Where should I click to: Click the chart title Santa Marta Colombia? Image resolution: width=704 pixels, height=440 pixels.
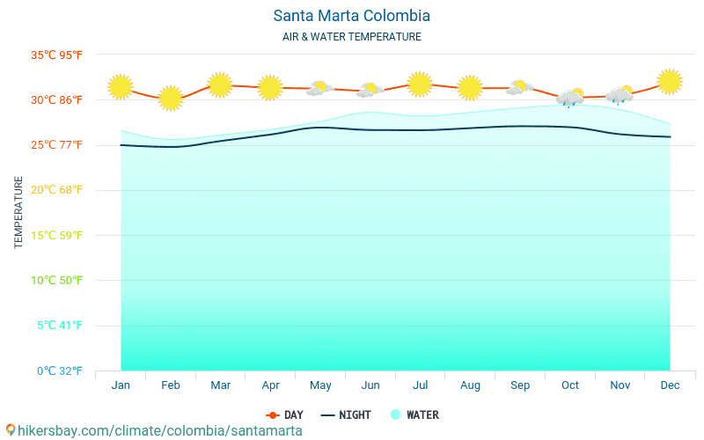point(351,16)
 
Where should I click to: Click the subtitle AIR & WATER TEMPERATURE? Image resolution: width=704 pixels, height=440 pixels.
point(351,37)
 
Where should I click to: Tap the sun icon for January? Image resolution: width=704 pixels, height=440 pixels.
point(121,87)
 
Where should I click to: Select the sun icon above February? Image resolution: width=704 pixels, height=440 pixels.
point(171,99)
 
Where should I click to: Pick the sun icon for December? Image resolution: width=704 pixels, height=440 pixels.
point(670,82)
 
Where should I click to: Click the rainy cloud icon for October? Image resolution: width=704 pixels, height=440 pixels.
point(570,97)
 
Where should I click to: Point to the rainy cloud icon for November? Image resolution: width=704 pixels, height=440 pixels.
point(620,95)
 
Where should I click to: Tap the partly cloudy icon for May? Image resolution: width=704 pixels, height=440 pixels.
point(319,88)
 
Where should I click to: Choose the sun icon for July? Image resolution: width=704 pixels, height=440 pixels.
point(420,84)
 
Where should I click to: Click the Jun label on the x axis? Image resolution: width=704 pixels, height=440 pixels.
point(370,385)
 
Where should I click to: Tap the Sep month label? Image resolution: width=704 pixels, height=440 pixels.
point(520,385)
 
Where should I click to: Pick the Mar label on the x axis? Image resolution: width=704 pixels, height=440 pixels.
point(220,385)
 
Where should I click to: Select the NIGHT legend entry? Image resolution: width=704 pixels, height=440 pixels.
point(346,414)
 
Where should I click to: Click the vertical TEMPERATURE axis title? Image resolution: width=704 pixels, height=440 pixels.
point(19,212)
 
